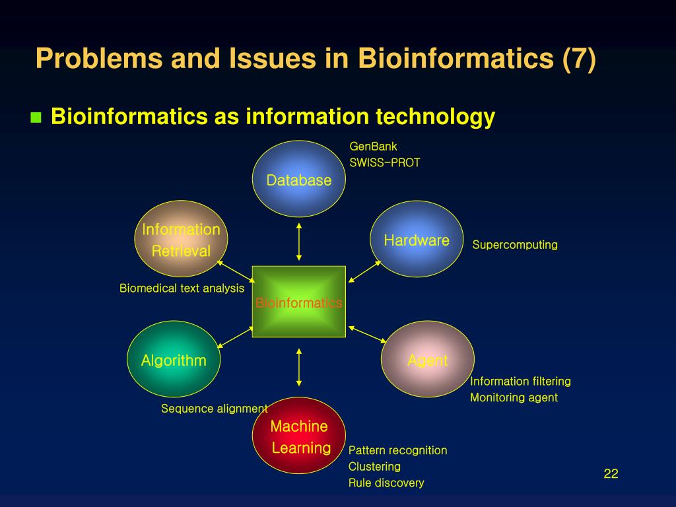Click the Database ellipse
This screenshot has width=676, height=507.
pyautogui.click(x=299, y=179)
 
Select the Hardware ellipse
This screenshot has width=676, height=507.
pyautogui.click(x=417, y=239)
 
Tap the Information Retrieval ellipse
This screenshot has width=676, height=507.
pyautogui.click(x=181, y=239)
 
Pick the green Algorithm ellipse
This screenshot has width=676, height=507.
pyautogui.click(x=174, y=359)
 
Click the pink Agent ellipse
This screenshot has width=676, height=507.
pyautogui.click(x=427, y=360)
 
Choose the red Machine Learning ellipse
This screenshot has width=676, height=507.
pyautogui.click(x=299, y=436)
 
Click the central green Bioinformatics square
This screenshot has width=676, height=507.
pyautogui.click(x=299, y=302)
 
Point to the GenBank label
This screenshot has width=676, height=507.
pyautogui.click(x=373, y=147)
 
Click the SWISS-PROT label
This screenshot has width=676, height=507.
pyautogui.click(x=385, y=162)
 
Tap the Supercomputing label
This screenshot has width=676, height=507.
pyautogui.click(x=515, y=245)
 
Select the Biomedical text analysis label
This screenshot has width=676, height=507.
pyautogui.click(x=182, y=288)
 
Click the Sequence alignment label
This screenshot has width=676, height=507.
pyautogui.click(x=215, y=409)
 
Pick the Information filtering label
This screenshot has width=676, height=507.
pyautogui.click(x=520, y=382)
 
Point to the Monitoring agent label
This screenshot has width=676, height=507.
pyautogui.click(x=514, y=397)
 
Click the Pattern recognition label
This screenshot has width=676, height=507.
pyautogui.click(x=397, y=450)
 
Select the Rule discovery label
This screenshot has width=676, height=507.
pyautogui.click(x=386, y=483)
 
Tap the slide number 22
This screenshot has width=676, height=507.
pyautogui.click(x=611, y=473)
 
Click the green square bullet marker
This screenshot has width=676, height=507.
pyautogui.click(x=36, y=118)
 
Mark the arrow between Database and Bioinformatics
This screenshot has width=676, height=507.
pyautogui.click(x=299, y=242)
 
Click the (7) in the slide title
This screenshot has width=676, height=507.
pyautogui.click(x=579, y=59)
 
